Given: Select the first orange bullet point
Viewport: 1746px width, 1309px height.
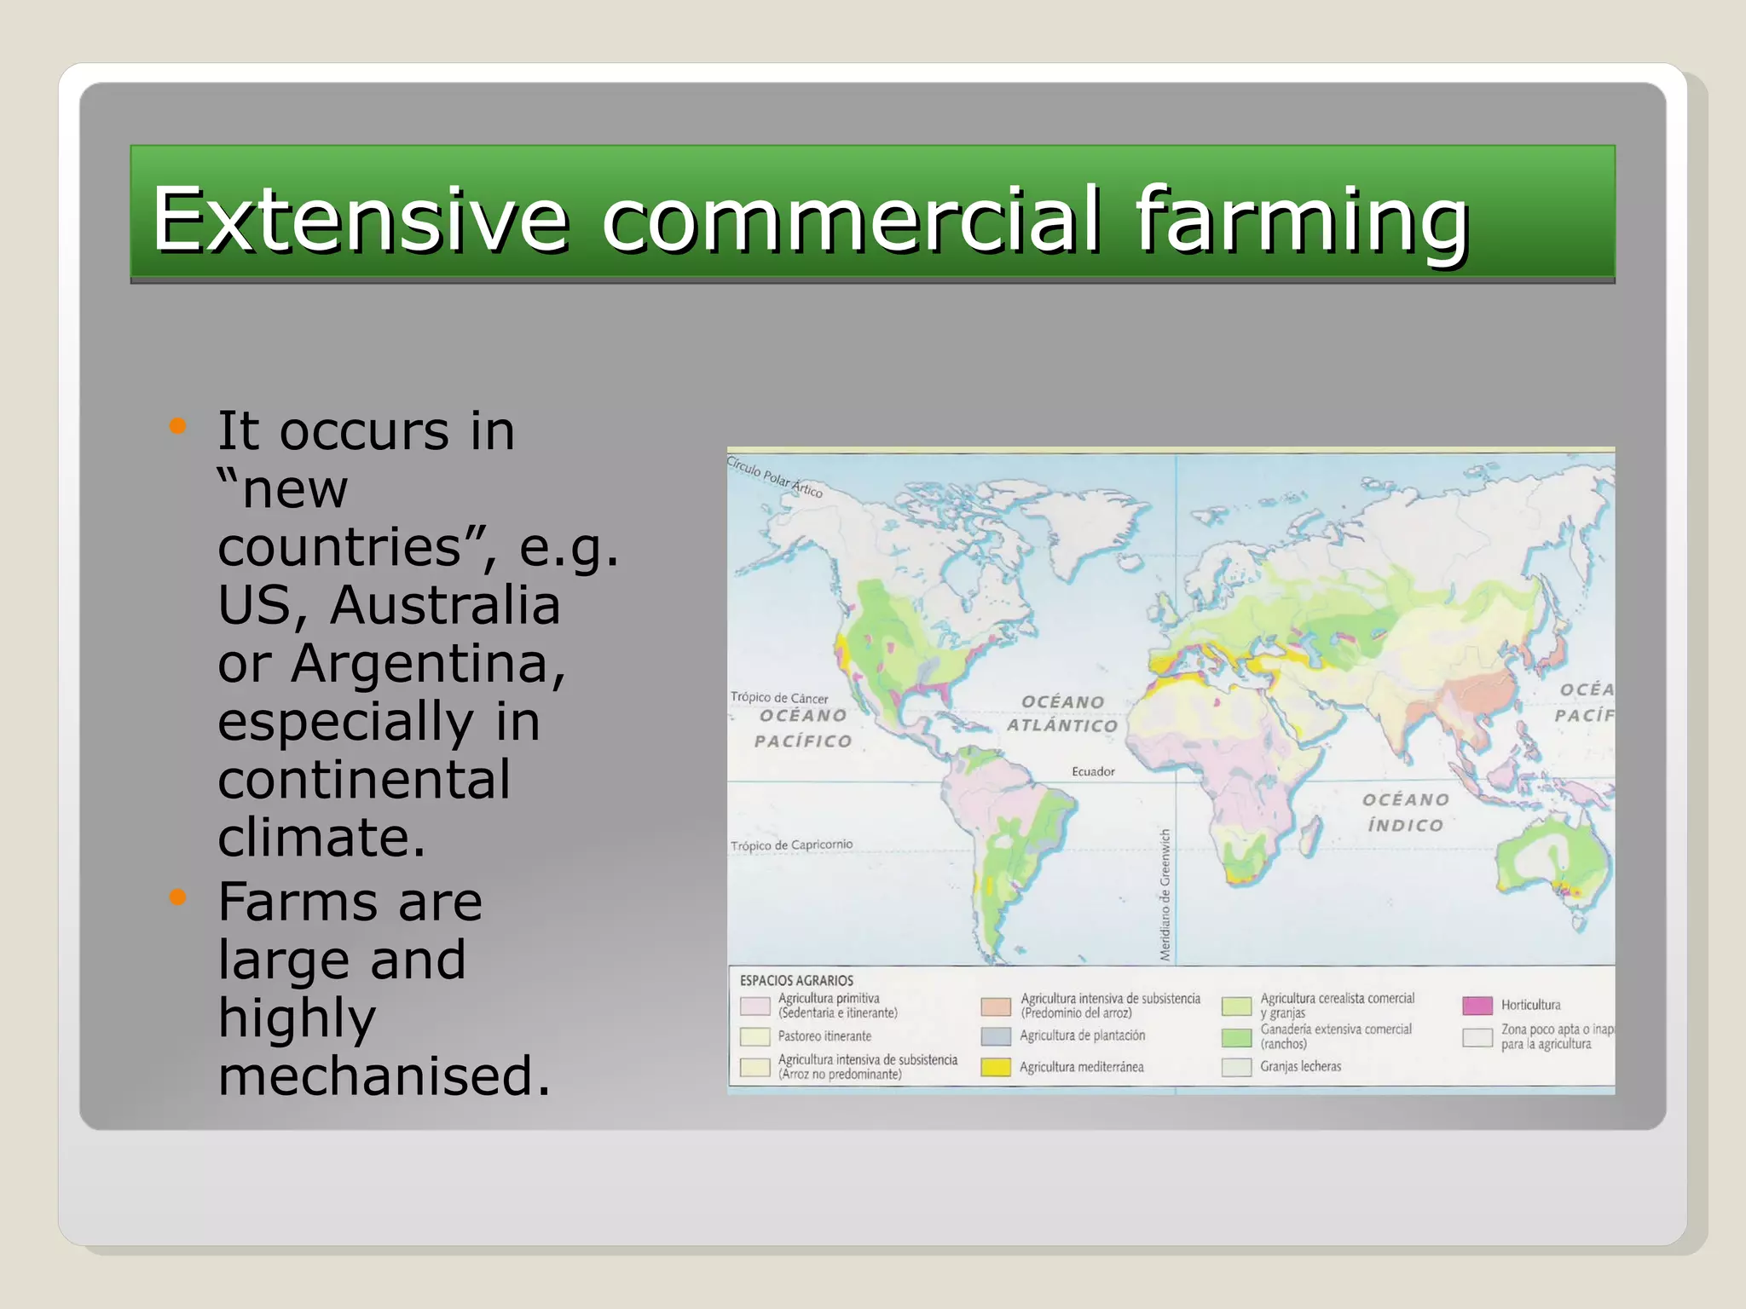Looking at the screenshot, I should [x=177, y=426].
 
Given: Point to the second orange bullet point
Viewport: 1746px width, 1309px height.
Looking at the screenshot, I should [x=177, y=897].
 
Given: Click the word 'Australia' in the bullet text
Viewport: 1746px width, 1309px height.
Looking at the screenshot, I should [x=445, y=605].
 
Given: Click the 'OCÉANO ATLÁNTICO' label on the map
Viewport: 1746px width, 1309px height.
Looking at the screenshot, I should [x=1062, y=714].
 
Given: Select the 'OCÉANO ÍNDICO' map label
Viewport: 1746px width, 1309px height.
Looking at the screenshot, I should [x=1405, y=812].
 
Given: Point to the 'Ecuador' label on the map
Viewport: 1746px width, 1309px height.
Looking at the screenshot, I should [x=1093, y=772].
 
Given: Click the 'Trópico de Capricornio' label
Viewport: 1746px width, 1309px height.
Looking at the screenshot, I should [x=791, y=845].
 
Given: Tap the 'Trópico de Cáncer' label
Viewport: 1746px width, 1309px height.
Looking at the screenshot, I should [x=779, y=698].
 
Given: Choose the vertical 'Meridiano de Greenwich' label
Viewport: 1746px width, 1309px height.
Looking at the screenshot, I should [x=1165, y=895].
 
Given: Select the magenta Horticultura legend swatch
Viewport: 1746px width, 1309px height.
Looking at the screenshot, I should [x=1477, y=1006].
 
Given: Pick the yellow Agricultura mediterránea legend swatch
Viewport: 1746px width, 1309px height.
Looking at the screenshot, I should [x=996, y=1067].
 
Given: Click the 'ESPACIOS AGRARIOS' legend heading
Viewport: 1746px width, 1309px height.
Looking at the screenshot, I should [x=796, y=981].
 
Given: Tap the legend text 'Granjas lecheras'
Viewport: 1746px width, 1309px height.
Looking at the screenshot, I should [x=1300, y=1067].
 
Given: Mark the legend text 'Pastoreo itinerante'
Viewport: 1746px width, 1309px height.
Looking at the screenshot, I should [x=824, y=1036].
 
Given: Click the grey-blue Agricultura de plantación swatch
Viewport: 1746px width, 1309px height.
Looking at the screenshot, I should [x=996, y=1036].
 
